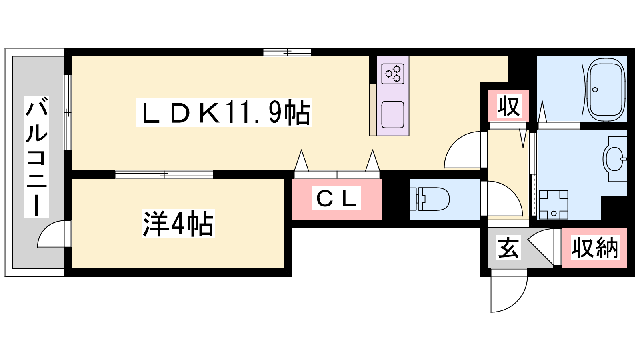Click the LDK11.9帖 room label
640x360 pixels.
[x=224, y=112]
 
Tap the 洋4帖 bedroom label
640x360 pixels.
[x=178, y=224]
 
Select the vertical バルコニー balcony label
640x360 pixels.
[x=36, y=157]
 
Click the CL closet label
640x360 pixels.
[x=336, y=198]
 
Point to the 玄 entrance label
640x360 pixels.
[x=508, y=248]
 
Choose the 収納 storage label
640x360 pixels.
[x=594, y=248]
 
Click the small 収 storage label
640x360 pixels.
[x=508, y=106]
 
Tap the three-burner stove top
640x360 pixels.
[x=392, y=74]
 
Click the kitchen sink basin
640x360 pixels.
[x=392, y=114]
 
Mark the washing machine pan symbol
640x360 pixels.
[x=553, y=204]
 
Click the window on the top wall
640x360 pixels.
[x=287, y=52]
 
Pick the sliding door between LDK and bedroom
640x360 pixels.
[x=164, y=174]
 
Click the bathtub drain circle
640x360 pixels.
[x=595, y=90]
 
